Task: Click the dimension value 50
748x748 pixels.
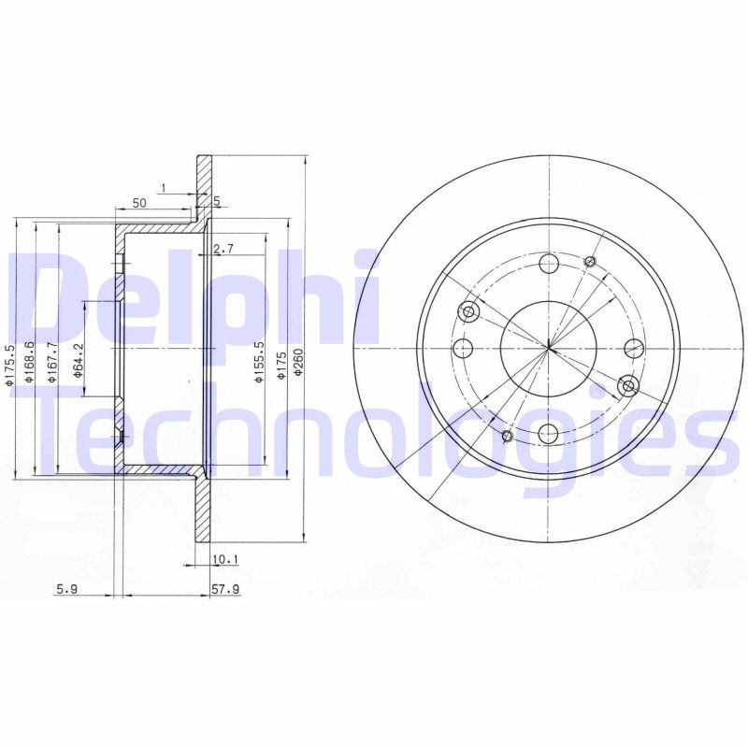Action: [139, 203]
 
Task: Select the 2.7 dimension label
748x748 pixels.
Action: [223, 249]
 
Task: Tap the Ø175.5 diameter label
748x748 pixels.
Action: [8, 366]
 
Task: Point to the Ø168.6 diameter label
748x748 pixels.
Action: [32, 366]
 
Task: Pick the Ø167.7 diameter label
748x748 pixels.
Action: [54, 366]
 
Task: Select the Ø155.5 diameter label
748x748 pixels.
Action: [256, 365]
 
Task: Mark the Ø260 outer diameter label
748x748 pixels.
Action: [298, 359]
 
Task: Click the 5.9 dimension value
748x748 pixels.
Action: [66, 589]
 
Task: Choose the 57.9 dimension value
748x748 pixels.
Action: [226, 589]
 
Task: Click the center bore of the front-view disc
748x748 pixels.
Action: [548, 349]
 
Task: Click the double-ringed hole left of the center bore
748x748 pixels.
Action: [470, 312]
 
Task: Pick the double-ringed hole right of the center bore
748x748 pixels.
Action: [628, 385]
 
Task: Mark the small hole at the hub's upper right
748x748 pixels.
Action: [590, 261]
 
